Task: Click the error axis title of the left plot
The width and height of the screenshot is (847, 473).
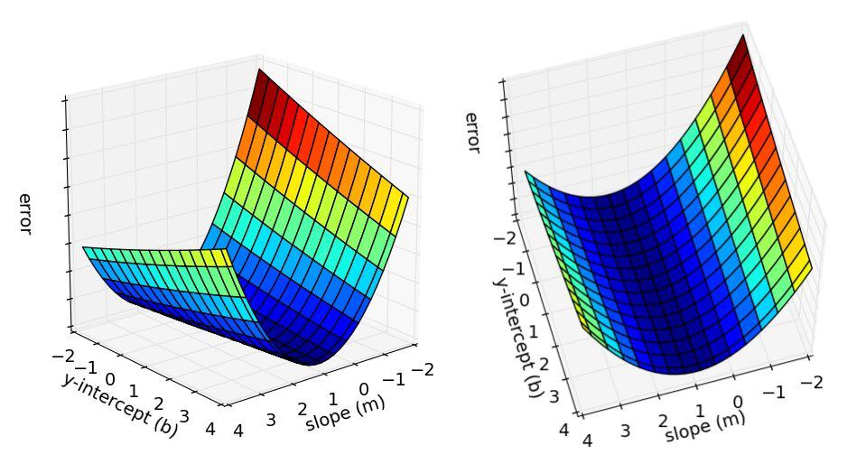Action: [x=24, y=215]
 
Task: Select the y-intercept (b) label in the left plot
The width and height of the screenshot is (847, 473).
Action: [x=120, y=405]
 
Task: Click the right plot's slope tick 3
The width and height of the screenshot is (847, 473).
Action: [x=625, y=431]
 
